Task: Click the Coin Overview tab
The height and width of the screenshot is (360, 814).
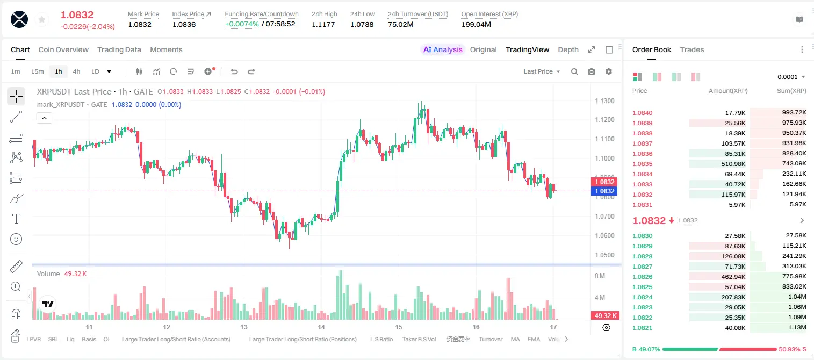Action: point(63,49)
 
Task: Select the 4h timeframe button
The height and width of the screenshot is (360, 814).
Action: point(76,71)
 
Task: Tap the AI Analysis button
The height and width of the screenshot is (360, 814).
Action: point(443,49)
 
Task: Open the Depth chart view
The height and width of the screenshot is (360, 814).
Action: point(568,49)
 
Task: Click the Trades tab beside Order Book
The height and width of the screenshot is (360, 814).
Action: point(692,49)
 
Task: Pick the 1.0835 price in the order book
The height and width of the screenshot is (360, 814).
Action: point(643,164)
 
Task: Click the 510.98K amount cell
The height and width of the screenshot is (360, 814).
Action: point(733,164)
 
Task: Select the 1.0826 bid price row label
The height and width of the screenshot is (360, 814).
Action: point(643,277)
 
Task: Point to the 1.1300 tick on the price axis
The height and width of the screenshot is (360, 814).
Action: point(604,100)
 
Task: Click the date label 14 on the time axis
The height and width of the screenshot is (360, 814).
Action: point(321,327)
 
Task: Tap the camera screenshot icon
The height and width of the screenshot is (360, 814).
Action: point(592,71)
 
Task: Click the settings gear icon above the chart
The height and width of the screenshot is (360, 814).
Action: point(609,71)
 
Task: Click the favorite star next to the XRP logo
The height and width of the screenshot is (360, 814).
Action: point(42,19)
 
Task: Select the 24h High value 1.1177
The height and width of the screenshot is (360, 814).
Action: point(323,24)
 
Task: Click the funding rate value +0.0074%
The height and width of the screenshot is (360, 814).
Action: point(242,24)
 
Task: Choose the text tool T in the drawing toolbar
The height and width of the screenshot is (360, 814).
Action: point(16,219)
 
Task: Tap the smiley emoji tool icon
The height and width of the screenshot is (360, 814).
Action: point(16,239)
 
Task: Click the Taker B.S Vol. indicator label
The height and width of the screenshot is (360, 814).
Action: point(419,339)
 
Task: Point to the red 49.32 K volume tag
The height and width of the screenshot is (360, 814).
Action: point(606,316)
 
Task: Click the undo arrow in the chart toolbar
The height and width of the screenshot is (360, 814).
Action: point(234,71)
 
